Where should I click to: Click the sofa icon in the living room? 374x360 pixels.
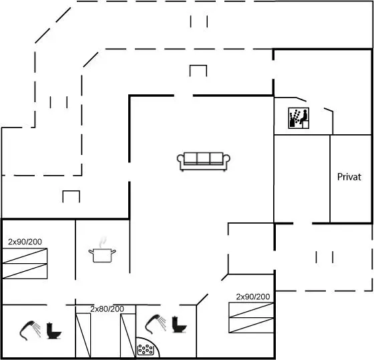coord(204,162)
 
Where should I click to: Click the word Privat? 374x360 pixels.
coord(349,177)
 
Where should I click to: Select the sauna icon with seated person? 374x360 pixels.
coord(299,118)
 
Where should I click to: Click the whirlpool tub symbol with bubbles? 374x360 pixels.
coord(146,350)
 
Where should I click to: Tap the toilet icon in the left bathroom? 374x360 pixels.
coord(53,331)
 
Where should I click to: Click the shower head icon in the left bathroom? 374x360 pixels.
coord(30,330)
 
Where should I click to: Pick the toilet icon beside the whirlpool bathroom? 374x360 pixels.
coord(180,325)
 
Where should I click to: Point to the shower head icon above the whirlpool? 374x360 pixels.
coord(156,324)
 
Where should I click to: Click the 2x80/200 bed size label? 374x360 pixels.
coord(107,309)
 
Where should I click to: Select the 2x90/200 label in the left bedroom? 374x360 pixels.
coord(25,242)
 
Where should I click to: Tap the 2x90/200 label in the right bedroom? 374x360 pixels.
coord(253,297)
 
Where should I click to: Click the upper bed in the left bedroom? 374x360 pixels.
coord(25,256)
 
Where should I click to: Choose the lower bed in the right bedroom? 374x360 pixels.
coord(251,325)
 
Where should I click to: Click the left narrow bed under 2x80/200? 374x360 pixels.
coord(83,335)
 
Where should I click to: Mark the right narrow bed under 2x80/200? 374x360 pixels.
coord(128,336)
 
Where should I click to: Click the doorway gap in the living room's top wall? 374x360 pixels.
coord(184,96)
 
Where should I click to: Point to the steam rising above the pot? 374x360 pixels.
coord(103,242)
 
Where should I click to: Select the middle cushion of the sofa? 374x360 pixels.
coord(204,158)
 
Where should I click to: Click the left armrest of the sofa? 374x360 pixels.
coord(180,159)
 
